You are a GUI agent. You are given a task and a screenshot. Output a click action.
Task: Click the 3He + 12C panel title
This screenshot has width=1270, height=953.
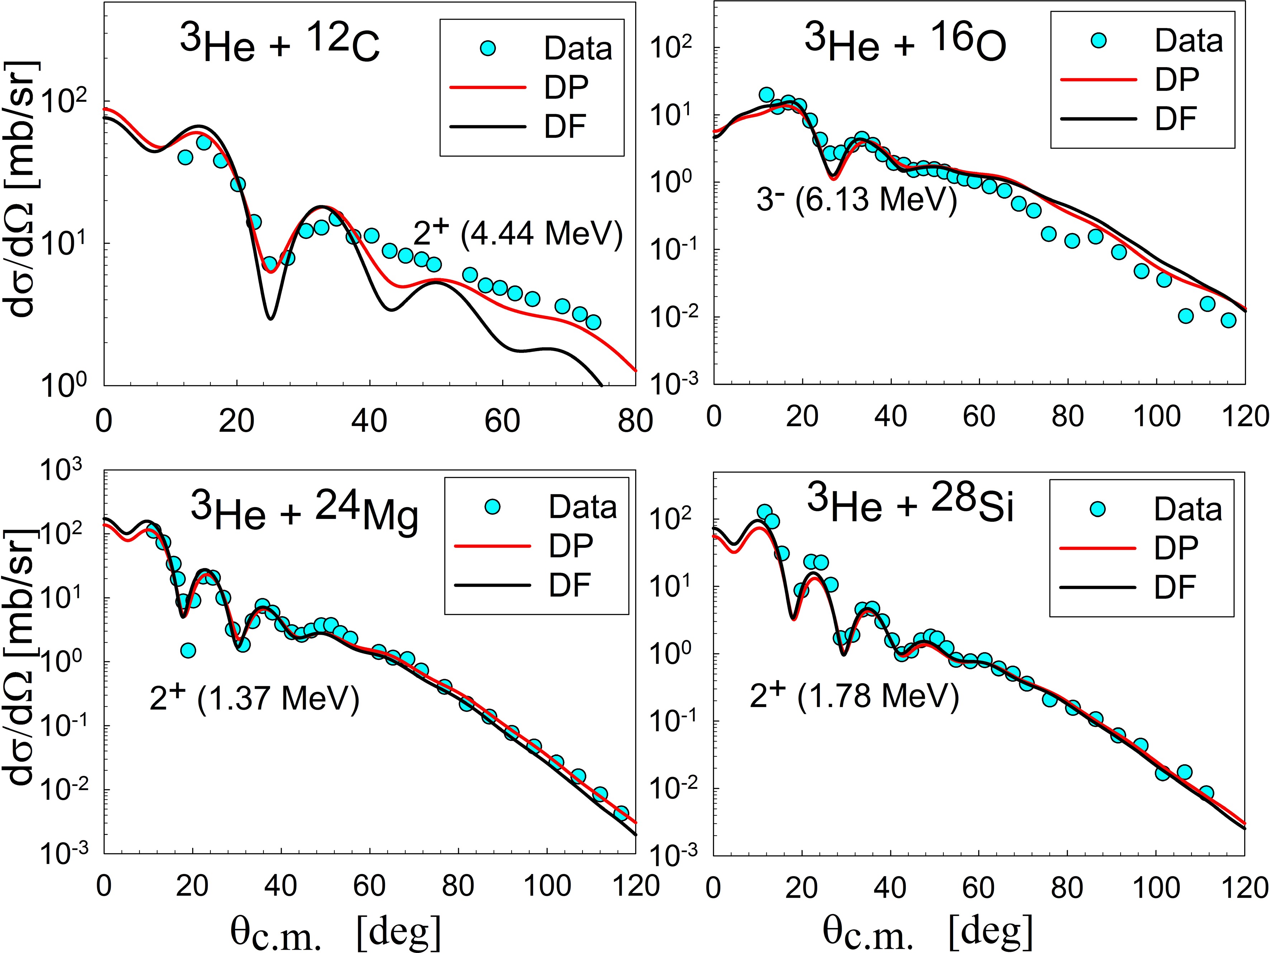tap(280, 44)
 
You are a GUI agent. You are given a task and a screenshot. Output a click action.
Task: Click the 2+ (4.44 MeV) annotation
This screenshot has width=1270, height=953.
tap(518, 233)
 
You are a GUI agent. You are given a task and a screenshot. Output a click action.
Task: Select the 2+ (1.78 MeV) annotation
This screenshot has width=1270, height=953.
tap(854, 696)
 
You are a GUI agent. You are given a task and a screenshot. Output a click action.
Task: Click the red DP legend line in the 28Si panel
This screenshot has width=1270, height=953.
tap(1098, 548)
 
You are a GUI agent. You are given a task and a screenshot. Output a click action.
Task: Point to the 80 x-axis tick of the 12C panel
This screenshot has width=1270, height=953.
tap(636, 421)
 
